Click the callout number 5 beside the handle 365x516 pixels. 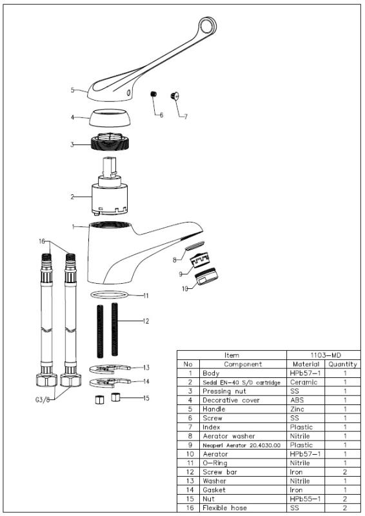tap(73, 90)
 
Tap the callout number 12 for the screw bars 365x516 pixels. tap(146, 321)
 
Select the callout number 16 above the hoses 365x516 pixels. tap(43, 241)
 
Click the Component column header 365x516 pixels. tap(242, 364)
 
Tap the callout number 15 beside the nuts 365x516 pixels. tap(145, 397)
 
